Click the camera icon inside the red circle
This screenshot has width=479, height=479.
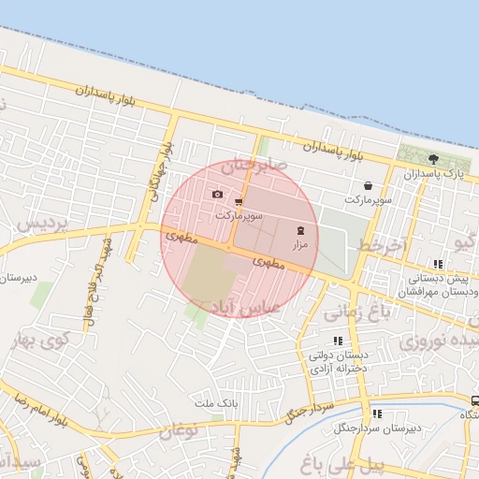click(x=218, y=194)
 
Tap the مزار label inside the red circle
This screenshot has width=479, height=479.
click(x=300, y=243)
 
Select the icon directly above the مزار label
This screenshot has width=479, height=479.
click(x=300, y=229)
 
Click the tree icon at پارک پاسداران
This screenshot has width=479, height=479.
click(x=433, y=159)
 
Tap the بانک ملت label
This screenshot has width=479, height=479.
click(x=211, y=403)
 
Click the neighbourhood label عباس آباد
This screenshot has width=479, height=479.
click(x=247, y=306)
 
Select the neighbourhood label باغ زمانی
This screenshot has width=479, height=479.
click(x=357, y=315)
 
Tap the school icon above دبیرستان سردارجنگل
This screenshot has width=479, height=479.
click(x=377, y=414)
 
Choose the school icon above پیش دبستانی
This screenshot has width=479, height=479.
click(x=439, y=265)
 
